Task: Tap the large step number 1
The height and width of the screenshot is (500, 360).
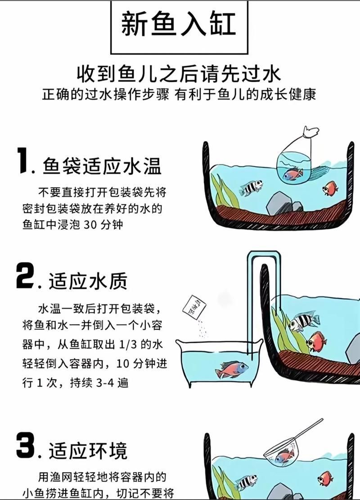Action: [23, 161]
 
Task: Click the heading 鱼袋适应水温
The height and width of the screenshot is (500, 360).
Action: [102, 167]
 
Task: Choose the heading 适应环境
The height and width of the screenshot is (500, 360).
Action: [88, 451]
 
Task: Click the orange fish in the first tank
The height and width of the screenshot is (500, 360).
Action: [329, 188]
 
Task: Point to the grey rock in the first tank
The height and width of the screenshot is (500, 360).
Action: [279, 203]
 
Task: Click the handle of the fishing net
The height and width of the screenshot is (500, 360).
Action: [308, 430]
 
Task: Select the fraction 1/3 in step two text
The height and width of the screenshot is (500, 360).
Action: [127, 345]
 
